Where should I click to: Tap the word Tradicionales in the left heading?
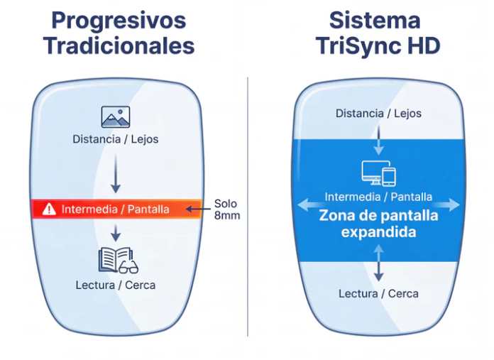[119, 46]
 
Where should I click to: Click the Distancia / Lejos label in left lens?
[115, 139]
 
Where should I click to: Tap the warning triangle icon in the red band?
[48, 209]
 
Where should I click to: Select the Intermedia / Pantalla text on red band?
[115, 209]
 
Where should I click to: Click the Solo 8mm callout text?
[226, 209]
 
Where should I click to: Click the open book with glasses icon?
[116, 260]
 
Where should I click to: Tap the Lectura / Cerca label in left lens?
[115, 285]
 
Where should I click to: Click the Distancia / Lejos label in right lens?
[378, 113]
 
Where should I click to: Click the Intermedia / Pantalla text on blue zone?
[378, 197]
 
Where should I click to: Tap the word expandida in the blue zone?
[378, 232]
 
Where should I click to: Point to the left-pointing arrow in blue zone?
[306, 206]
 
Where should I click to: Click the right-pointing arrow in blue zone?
[450, 206]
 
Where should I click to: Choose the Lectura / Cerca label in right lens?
[378, 293]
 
